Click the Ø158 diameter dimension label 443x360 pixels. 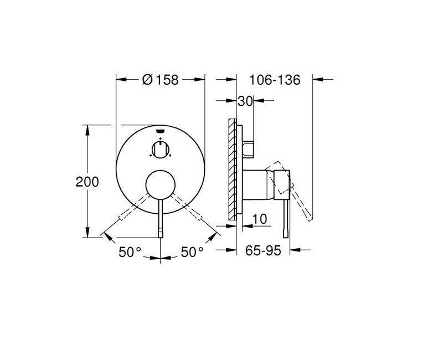160,80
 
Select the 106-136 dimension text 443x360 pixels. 274,80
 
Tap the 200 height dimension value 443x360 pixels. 87,182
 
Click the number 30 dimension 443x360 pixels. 245,101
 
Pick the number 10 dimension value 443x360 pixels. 259,219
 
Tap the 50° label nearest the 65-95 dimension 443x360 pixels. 192,253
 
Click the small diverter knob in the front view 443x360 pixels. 160,148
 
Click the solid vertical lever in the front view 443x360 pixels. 160,219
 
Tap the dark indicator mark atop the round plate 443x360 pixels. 160,131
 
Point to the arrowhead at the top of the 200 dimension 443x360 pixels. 87,128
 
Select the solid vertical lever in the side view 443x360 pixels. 287,219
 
